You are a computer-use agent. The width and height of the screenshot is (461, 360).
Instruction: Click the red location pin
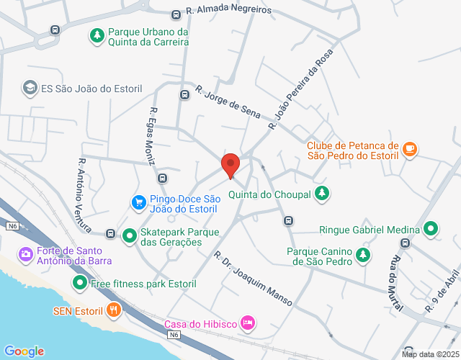(230, 165)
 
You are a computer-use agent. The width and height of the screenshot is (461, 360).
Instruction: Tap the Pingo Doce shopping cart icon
(138, 202)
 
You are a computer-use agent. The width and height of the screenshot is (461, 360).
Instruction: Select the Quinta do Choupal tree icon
(323, 193)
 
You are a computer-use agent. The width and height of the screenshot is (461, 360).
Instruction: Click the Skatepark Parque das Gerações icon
(130, 235)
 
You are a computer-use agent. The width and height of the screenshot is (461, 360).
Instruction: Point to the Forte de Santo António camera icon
(26, 253)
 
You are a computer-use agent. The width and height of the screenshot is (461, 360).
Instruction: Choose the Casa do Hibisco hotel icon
(247, 322)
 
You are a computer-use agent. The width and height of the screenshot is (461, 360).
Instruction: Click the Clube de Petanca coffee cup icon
(410, 149)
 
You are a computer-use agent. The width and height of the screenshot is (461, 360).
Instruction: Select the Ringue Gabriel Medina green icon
(431, 230)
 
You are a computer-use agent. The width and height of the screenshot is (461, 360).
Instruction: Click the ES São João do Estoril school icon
(30, 88)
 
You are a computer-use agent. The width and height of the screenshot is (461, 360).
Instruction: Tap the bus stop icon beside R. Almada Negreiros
(176, 14)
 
